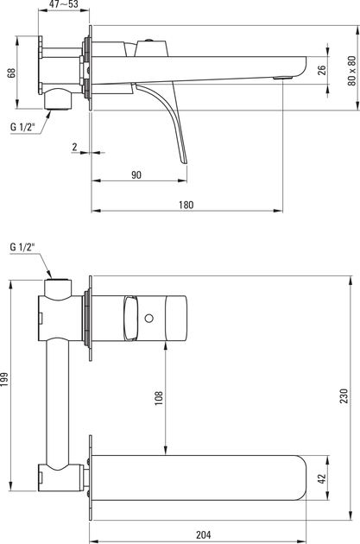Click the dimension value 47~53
click(x=64, y=3)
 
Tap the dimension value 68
click(x=11, y=73)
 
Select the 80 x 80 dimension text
click(x=351, y=71)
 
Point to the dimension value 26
click(x=322, y=70)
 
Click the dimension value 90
click(x=136, y=174)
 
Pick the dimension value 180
click(x=186, y=205)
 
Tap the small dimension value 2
click(x=74, y=147)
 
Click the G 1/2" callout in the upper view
click(x=23, y=127)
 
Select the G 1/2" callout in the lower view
click(x=23, y=247)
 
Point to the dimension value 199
click(x=4, y=380)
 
